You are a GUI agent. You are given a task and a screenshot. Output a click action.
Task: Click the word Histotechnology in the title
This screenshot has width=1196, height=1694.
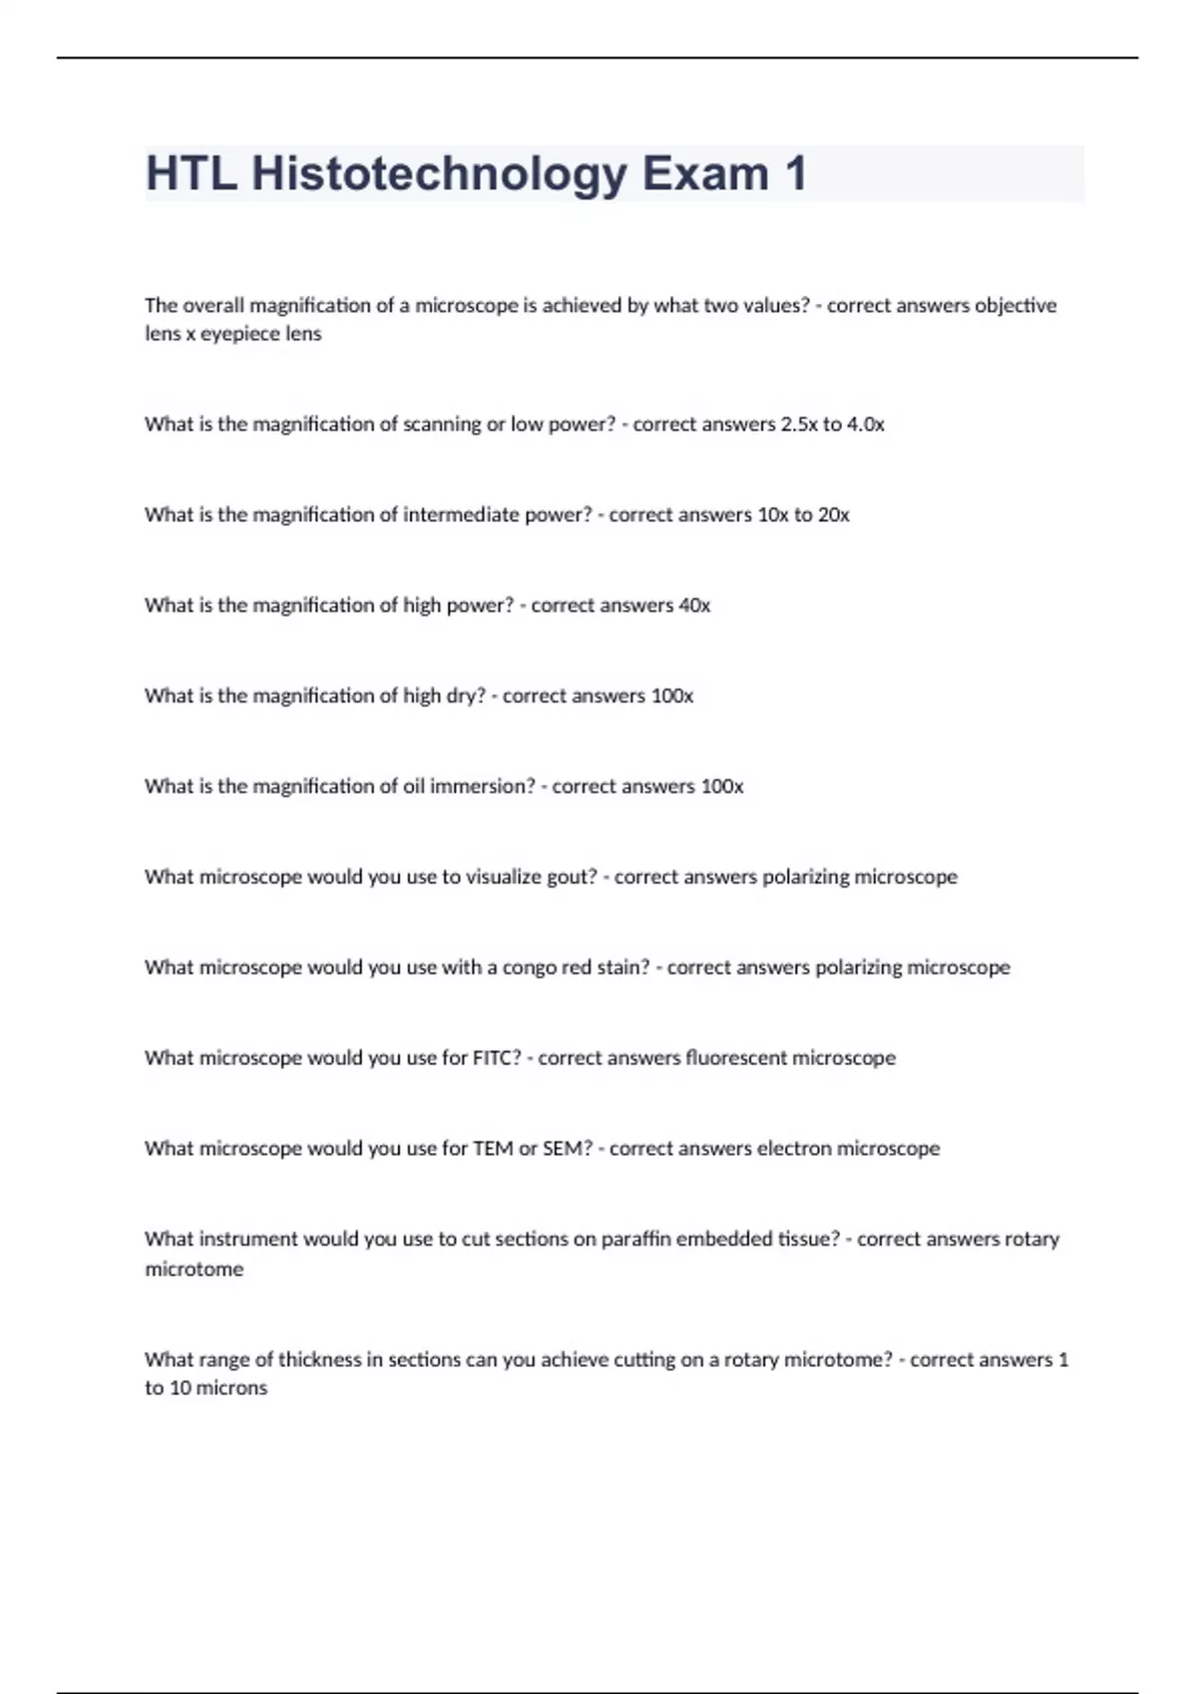[440, 173]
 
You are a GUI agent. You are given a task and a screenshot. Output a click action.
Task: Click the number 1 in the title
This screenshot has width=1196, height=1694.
[795, 173]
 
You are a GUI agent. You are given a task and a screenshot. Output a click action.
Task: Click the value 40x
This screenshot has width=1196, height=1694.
[695, 606]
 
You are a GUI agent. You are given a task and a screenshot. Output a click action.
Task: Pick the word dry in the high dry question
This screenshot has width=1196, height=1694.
[463, 697]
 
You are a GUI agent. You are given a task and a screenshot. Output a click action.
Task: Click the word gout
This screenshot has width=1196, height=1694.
[572, 878]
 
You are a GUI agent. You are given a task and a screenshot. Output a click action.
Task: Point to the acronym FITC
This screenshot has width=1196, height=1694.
[496, 1058]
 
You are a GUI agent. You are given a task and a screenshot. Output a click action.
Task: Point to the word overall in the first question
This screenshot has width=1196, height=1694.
[213, 306]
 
